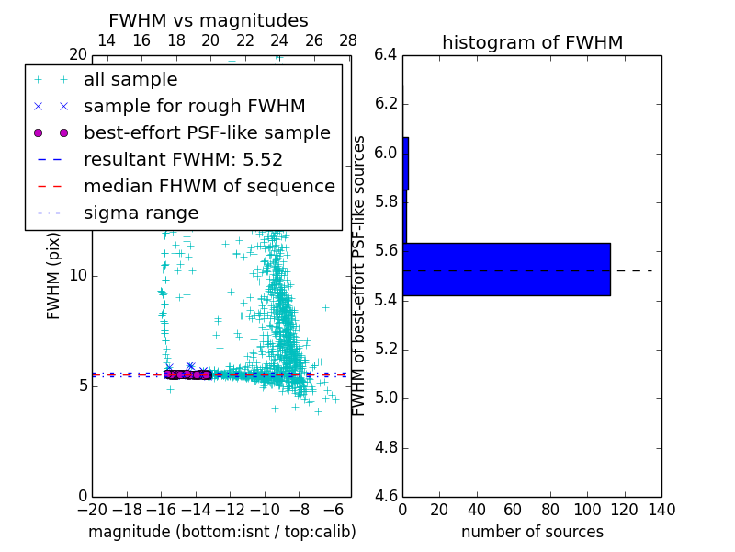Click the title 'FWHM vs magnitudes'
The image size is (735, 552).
point(208,20)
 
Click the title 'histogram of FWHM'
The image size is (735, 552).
point(532,42)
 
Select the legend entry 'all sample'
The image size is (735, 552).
point(130,80)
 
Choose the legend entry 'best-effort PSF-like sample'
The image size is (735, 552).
point(207,133)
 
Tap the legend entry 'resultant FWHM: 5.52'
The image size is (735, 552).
point(183,160)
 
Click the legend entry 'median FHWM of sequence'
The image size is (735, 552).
point(209,187)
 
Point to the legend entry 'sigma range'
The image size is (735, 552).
point(141,213)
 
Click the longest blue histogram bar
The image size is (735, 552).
point(506,270)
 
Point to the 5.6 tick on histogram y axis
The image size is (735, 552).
point(386,250)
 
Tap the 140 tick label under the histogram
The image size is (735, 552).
point(661,510)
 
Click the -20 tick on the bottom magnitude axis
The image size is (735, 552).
point(92,510)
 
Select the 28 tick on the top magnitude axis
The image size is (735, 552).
point(348,40)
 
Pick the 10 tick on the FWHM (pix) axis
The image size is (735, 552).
point(78,276)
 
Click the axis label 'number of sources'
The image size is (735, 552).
point(532,532)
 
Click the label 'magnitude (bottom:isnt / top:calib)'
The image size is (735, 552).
point(221,532)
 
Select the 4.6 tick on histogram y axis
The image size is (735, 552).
point(386,496)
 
